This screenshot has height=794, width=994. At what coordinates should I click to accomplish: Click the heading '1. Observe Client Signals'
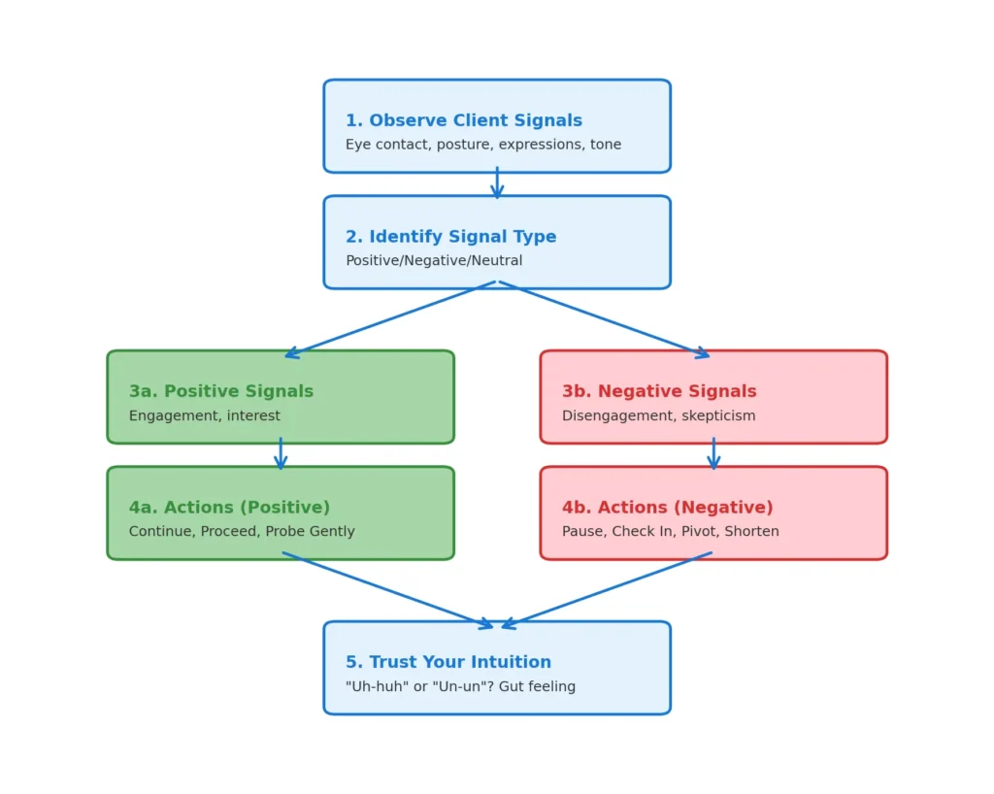click(x=463, y=121)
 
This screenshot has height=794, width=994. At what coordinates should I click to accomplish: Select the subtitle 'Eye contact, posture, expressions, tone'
click(x=482, y=145)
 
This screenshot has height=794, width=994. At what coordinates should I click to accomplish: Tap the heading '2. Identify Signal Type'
click(x=450, y=237)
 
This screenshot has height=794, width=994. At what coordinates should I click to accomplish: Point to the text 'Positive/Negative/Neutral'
click(x=434, y=261)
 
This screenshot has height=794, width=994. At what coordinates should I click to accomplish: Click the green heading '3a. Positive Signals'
click(x=221, y=392)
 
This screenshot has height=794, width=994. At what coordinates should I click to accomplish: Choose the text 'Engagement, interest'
click(x=204, y=416)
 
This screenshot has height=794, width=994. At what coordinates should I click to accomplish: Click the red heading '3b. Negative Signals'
click(x=659, y=392)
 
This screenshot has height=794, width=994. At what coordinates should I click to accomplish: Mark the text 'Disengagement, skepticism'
click(x=658, y=416)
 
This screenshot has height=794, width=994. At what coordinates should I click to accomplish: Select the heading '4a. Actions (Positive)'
click(x=229, y=508)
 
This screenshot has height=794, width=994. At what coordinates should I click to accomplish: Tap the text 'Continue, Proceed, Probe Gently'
click(x=242, y=532)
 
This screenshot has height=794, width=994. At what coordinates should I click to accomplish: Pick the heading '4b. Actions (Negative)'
click(x=667, y=508)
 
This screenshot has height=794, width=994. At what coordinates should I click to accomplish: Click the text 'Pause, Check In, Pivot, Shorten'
click(x=670, y=532)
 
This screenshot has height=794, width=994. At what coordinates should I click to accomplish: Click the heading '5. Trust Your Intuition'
click(x=447, y=663)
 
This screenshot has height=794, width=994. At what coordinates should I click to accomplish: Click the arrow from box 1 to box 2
click(x=497, y=183)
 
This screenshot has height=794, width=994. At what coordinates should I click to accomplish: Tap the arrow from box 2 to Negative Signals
click(x=604, y=320)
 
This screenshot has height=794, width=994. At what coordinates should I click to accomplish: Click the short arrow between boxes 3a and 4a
click(x=281, y=454)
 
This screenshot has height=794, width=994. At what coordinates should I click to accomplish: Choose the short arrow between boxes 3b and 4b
click(x=713, y=454)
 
